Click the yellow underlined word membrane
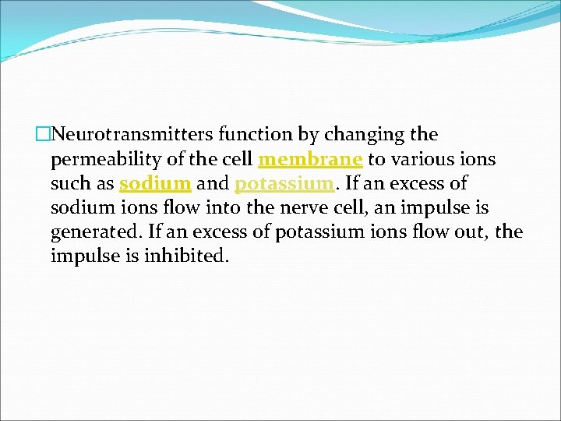(x=310, y=159)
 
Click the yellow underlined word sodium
(x=155, y=183)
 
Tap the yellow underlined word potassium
(x=284, y=184)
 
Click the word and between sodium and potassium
(x=213, y=183)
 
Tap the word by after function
(x=309, y=136)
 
